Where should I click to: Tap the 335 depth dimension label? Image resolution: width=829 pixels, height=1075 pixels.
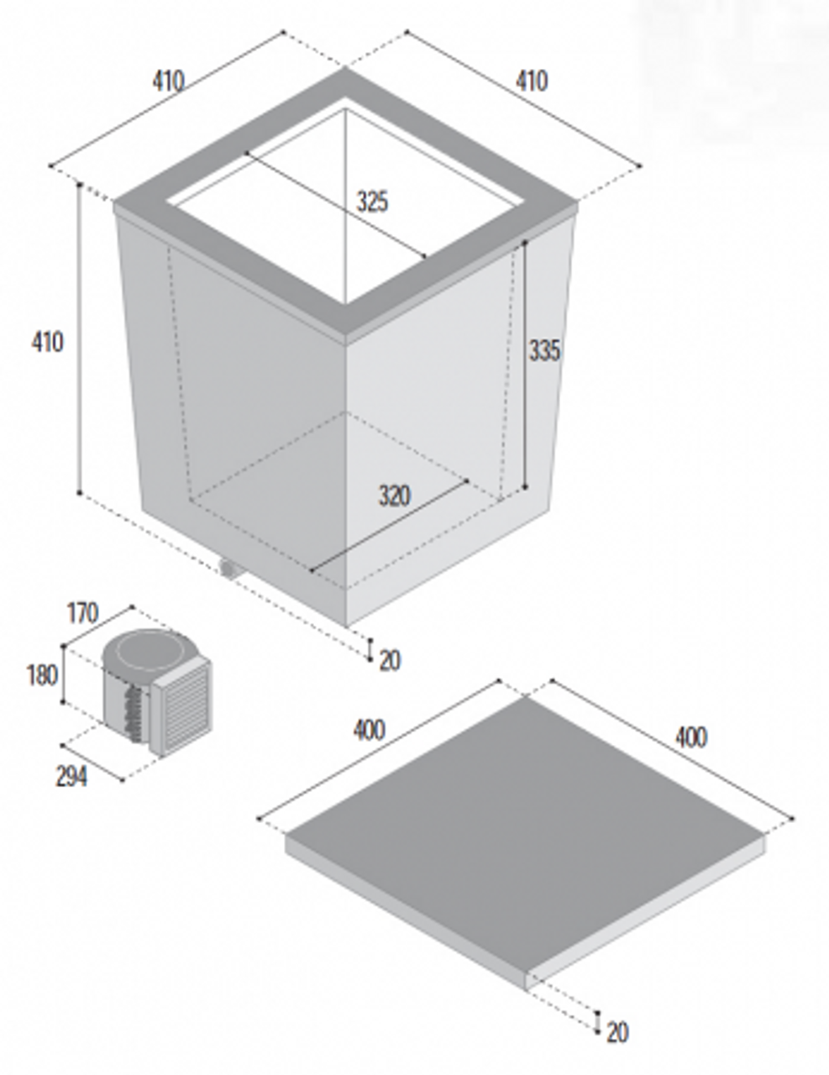[543, 350]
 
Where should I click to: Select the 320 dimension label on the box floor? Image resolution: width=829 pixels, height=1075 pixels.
[393, 496]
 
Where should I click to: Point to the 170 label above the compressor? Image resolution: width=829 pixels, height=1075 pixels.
[82, 613]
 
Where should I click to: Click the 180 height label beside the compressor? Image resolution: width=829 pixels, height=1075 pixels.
[42, 674]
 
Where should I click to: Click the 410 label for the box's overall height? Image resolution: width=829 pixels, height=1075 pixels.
[47, 342]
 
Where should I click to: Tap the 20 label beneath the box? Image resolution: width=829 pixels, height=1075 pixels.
[390, 661]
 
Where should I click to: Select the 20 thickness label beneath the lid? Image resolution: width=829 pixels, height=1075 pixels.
[617, 1031]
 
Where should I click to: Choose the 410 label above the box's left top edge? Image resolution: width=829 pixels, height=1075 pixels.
[168, 81]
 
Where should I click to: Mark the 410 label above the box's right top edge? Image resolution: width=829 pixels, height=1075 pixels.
[531, 81]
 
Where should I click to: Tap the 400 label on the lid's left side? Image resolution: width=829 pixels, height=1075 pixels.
[370, 731]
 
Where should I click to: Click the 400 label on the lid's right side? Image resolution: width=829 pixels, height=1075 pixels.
[690, 737]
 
